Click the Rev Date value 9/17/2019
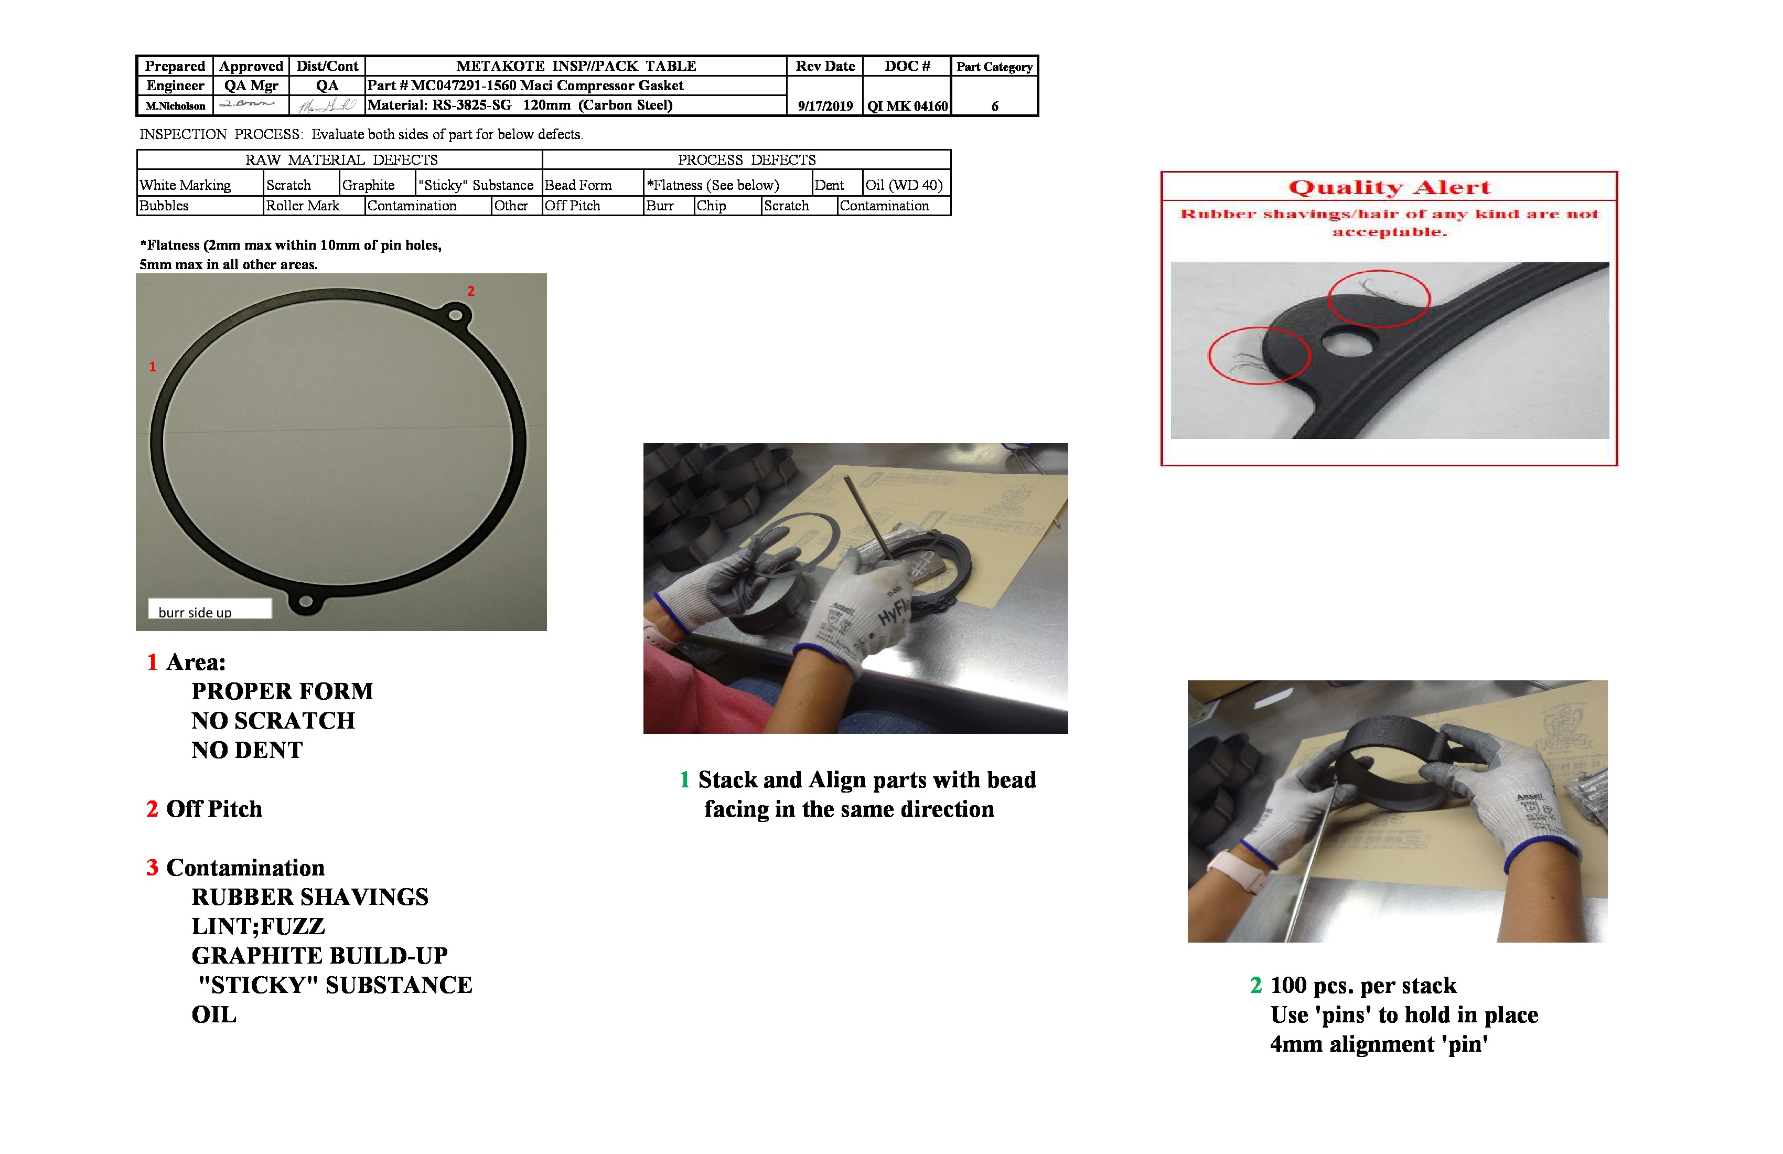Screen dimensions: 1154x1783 click(825, 105)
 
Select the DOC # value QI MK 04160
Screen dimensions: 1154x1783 click(907, 105)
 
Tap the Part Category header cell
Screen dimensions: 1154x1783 click(994, 67)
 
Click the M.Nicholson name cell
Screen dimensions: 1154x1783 click(175, 105)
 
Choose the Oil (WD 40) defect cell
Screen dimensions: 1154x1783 click(904, 185)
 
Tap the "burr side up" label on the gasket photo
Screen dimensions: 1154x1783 click(196, 612)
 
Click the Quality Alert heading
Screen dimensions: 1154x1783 click(1389, 187)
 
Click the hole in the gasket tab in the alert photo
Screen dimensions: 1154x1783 click(1348, 345)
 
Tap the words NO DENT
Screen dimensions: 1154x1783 click(246, 750)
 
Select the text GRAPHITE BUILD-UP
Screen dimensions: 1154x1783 click(319, 955)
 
